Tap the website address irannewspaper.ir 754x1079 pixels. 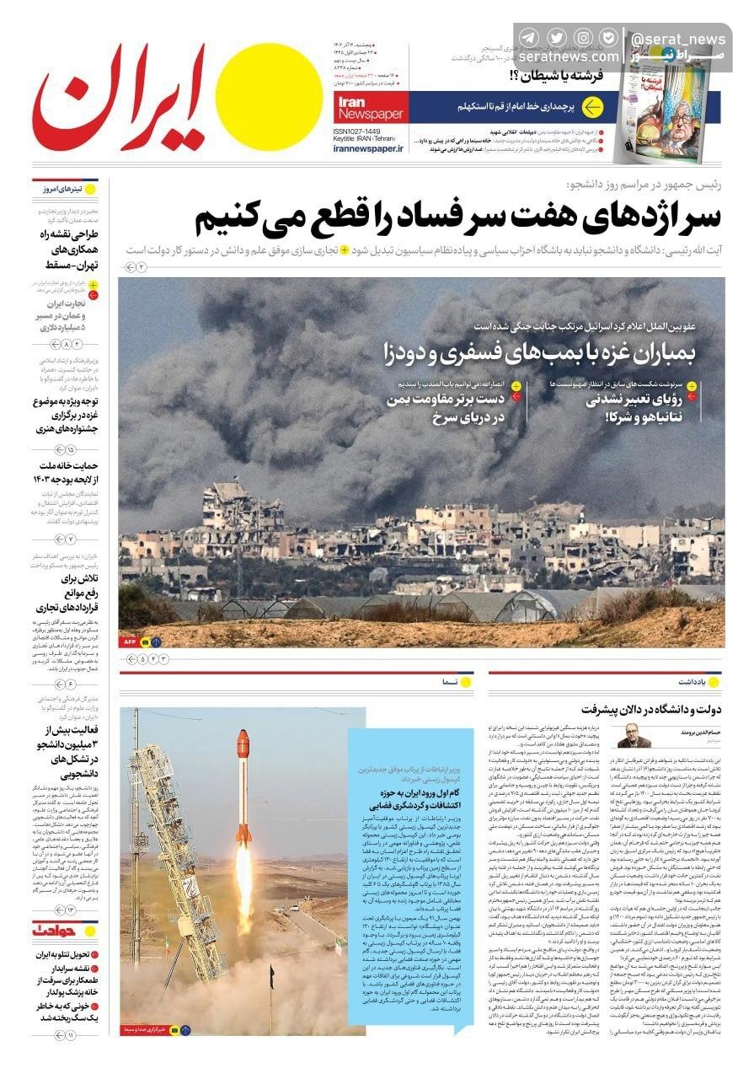click(x=367, y=148)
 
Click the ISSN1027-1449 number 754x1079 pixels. click(x=357, y=132)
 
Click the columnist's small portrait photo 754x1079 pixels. click(x=634, y=736)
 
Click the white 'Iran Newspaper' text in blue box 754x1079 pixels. click(x=369, y=107)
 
